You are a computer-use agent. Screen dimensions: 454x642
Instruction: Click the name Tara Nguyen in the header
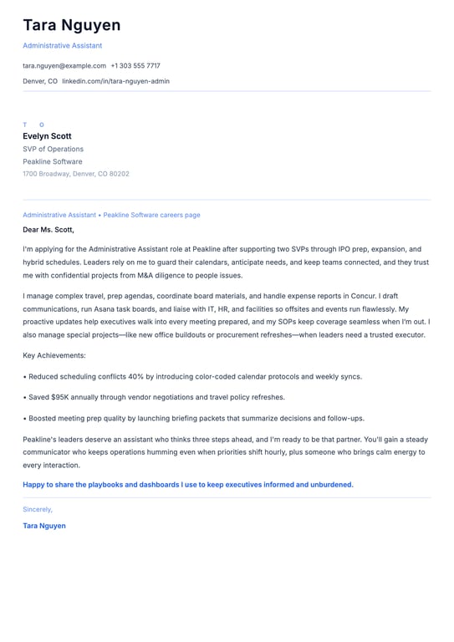[71, 25]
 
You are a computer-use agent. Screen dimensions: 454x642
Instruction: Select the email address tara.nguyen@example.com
[64, 65]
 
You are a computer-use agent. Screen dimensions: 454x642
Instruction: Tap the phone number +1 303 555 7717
[135, 65]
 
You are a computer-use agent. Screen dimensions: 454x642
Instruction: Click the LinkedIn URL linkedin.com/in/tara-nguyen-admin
[115, 81]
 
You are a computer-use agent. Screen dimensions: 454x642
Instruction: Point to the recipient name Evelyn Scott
[47, 136]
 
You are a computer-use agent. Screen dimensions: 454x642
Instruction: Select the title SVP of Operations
[53, 149]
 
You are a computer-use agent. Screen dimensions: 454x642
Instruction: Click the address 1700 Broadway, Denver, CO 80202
[76, 174]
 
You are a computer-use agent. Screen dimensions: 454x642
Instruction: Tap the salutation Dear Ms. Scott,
[48, 229]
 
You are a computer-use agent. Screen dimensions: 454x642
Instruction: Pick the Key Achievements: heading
[55, 355]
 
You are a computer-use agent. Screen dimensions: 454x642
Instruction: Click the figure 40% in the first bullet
[136, 376]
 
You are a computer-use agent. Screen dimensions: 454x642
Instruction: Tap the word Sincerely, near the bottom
[38, 509]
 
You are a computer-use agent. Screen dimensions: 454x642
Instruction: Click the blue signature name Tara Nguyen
[44, 526]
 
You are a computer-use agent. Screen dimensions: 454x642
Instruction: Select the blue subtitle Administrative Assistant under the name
[63, 45]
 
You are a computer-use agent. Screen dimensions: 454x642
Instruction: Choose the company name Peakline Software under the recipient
[53, 161]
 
